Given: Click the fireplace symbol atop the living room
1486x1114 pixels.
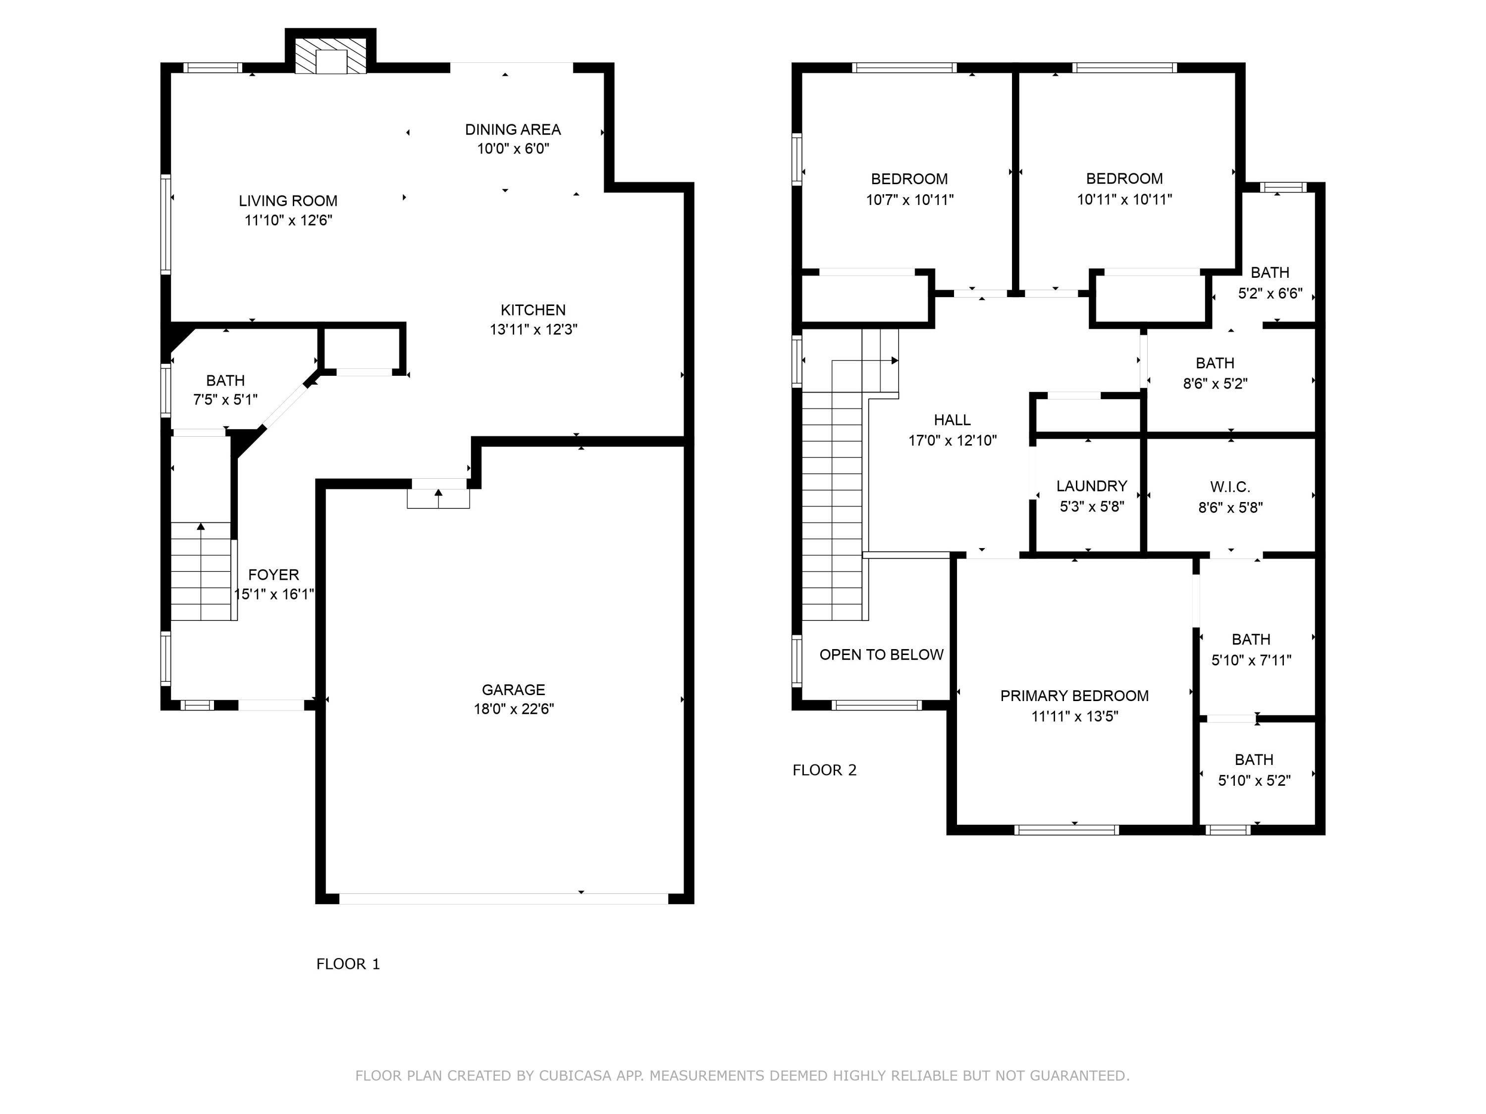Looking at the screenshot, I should point(330,56).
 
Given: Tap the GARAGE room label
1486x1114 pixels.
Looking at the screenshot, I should point(513,690).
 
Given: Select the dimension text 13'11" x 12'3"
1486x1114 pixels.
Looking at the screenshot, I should point(533,330).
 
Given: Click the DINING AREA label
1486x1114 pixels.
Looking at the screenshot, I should point(513,130).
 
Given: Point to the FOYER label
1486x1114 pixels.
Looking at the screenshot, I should point(273,575).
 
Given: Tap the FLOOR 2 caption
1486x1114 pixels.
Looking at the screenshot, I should point(824,770).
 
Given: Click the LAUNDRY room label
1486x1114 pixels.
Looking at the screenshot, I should point(1092,486).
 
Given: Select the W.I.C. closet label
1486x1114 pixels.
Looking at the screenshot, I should point(1230,487).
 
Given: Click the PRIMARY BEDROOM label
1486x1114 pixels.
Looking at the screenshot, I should point(1074,696).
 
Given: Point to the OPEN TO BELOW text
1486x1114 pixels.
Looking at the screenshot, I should point(881,655).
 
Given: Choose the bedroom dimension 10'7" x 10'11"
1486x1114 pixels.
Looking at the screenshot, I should point(909,200).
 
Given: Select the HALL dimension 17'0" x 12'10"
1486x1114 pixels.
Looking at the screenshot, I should point(953,441).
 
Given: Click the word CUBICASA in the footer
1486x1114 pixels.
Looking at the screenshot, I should point(575,1076).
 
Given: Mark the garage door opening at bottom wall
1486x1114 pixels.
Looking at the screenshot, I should point(504,899).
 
